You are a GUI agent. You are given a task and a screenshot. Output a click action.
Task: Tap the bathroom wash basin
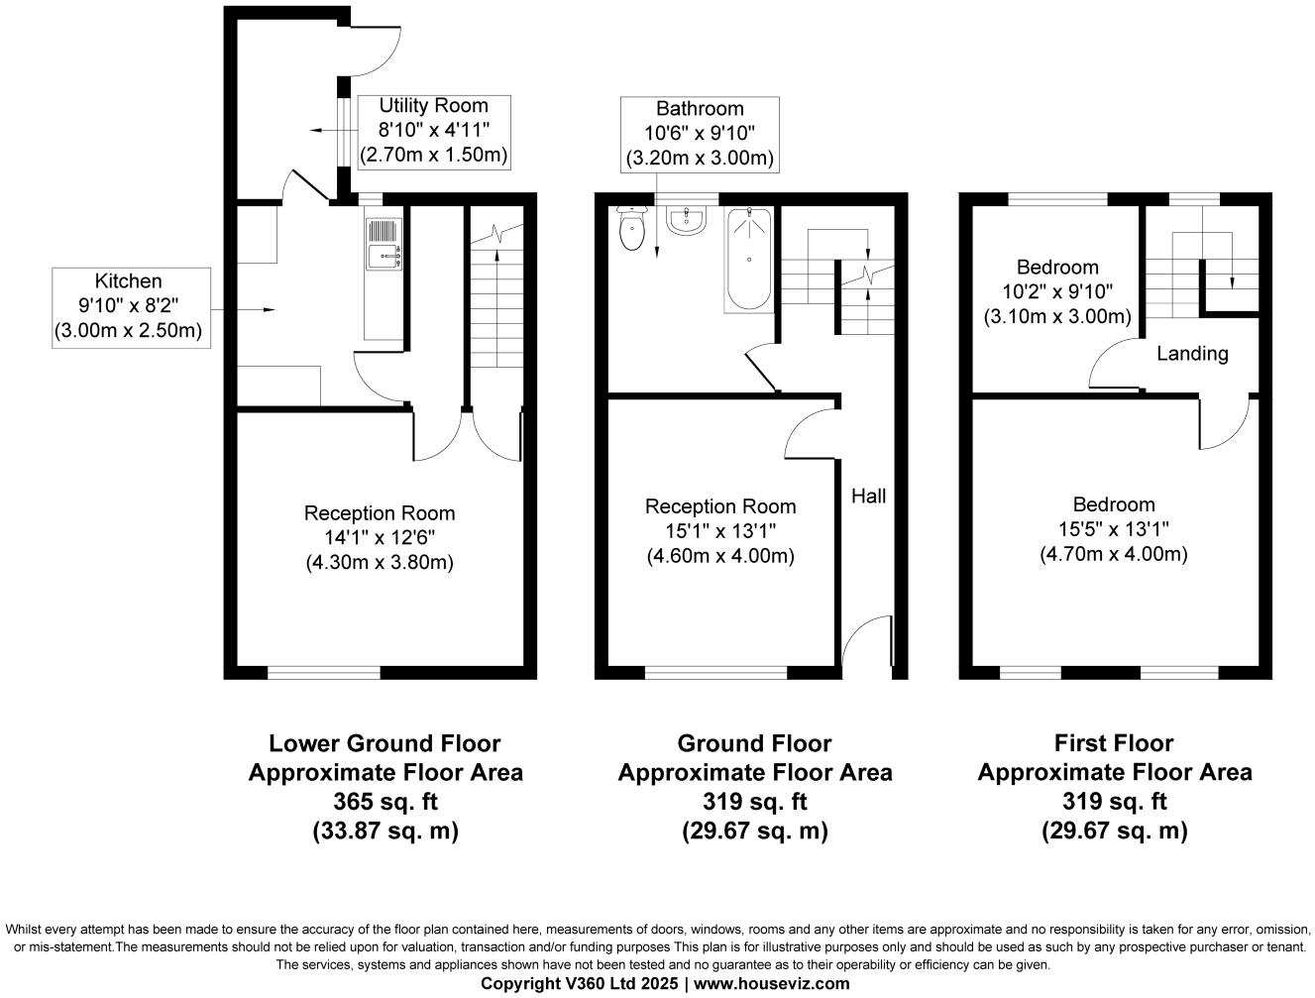(686, 221)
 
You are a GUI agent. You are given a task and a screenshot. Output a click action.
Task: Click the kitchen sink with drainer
(383, 244)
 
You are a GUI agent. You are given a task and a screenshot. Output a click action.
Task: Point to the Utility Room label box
(433, 130)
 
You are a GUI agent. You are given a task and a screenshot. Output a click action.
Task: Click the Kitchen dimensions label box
(132, 307)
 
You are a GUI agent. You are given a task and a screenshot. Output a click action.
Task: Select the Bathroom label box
(699, 133)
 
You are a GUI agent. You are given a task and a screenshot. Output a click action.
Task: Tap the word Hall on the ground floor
(869, 496)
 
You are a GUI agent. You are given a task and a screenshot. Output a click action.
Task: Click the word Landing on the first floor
(1192, 354)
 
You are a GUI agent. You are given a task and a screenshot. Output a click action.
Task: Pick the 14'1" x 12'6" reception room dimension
(379, 538)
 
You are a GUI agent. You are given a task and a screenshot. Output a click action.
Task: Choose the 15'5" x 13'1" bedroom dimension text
(1113, 529)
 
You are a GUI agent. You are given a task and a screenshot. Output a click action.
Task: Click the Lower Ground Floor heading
(384, 743)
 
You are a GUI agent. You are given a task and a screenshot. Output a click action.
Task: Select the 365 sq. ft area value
(385, 801)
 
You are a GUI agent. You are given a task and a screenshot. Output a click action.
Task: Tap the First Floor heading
(1114, 743)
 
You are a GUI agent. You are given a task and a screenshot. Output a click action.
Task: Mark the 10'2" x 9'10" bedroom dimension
(1057, 292)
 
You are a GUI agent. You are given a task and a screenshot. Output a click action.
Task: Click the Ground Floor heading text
(754, 743)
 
